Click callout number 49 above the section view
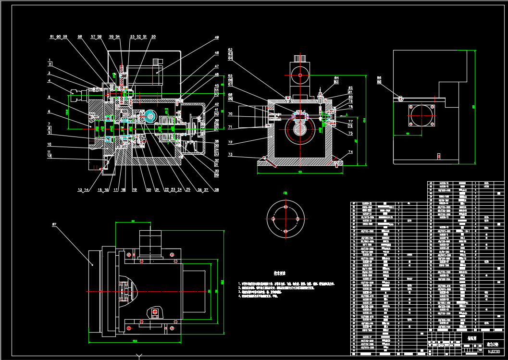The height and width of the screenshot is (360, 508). pos(217,37)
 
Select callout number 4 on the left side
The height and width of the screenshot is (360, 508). pos(49,81)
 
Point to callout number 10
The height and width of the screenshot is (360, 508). pos(49,144)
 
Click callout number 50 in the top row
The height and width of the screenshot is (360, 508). pos(153,37)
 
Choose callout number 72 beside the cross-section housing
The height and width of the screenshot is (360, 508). pos(230,143)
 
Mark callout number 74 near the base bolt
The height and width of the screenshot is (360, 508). pos(350,151)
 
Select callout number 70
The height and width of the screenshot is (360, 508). pos(230,114)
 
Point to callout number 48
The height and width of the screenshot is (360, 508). pos(217,53)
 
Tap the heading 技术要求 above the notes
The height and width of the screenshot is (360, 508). pos(280,273)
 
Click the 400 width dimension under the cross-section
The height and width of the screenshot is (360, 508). pos(300,172)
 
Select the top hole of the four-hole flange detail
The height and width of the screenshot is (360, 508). pos(286,207)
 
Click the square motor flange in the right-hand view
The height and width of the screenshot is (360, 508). pos(421,117)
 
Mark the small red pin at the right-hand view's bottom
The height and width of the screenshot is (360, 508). pos(439,156)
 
